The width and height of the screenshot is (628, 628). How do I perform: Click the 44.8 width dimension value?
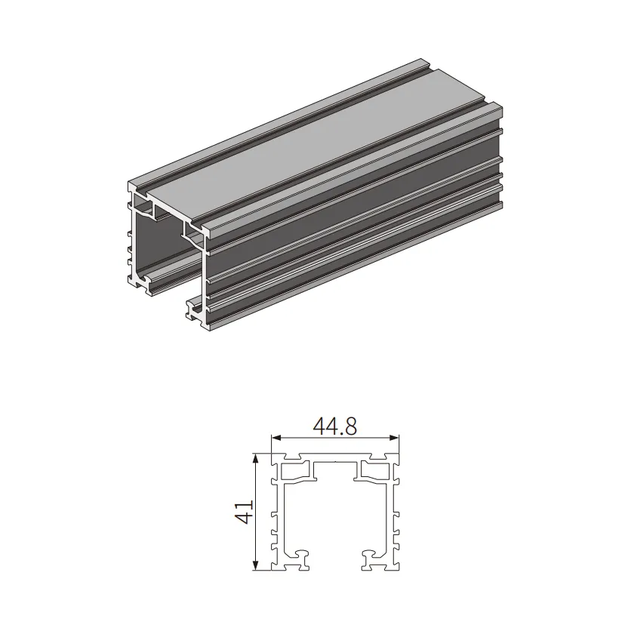[335, 426]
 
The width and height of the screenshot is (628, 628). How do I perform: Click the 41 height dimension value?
[244, 512]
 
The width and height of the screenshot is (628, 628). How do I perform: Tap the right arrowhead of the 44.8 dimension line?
[395, 438]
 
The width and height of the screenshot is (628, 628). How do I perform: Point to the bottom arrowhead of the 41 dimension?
[255, 565]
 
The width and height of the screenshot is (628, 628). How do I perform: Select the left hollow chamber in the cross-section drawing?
[296, 471]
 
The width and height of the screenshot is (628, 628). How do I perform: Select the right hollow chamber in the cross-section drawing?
[375, 471]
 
